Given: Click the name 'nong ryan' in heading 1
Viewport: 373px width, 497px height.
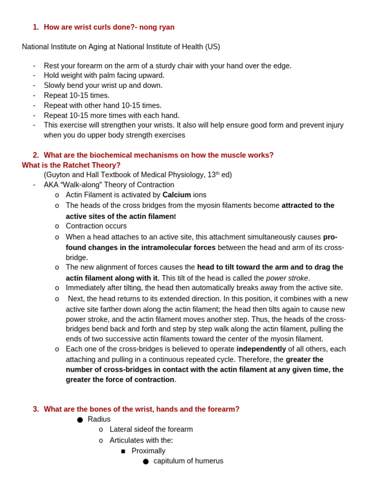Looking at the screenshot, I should point(157,27).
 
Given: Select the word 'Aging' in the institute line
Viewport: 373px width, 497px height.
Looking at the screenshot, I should point(99,47).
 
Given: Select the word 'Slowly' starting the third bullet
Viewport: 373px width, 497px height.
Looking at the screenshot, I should point(55,85).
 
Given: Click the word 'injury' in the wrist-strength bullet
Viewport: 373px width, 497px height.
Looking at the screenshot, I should point(332,125).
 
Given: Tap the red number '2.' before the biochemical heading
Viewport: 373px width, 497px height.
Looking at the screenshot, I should point(36,155).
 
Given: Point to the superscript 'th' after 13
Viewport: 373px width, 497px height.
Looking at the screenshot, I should point(218,173).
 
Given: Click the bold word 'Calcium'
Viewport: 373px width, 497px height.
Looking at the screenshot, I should point(176,195).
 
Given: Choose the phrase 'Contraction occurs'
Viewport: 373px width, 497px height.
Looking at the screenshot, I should point(96,226).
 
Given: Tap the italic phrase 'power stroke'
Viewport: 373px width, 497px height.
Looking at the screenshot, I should point(287,278).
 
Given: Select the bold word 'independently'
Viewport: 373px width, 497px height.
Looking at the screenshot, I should point(261,349).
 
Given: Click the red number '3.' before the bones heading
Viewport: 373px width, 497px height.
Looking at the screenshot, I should point(36,409).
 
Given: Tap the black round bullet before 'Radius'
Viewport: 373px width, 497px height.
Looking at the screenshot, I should point(80,420).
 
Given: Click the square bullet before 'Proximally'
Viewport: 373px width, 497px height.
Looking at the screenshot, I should point(123,451).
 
